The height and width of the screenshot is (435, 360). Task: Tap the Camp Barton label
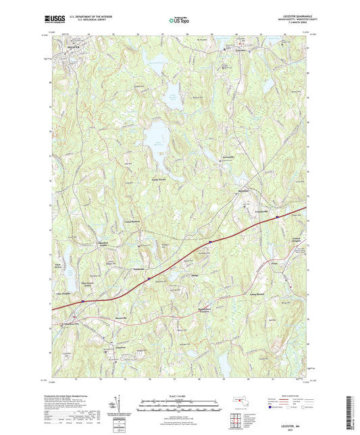tap(259, 294)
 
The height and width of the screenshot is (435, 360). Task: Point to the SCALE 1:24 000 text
tap(180, 395)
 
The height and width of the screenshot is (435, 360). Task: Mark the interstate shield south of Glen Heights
tap(82, 301)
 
